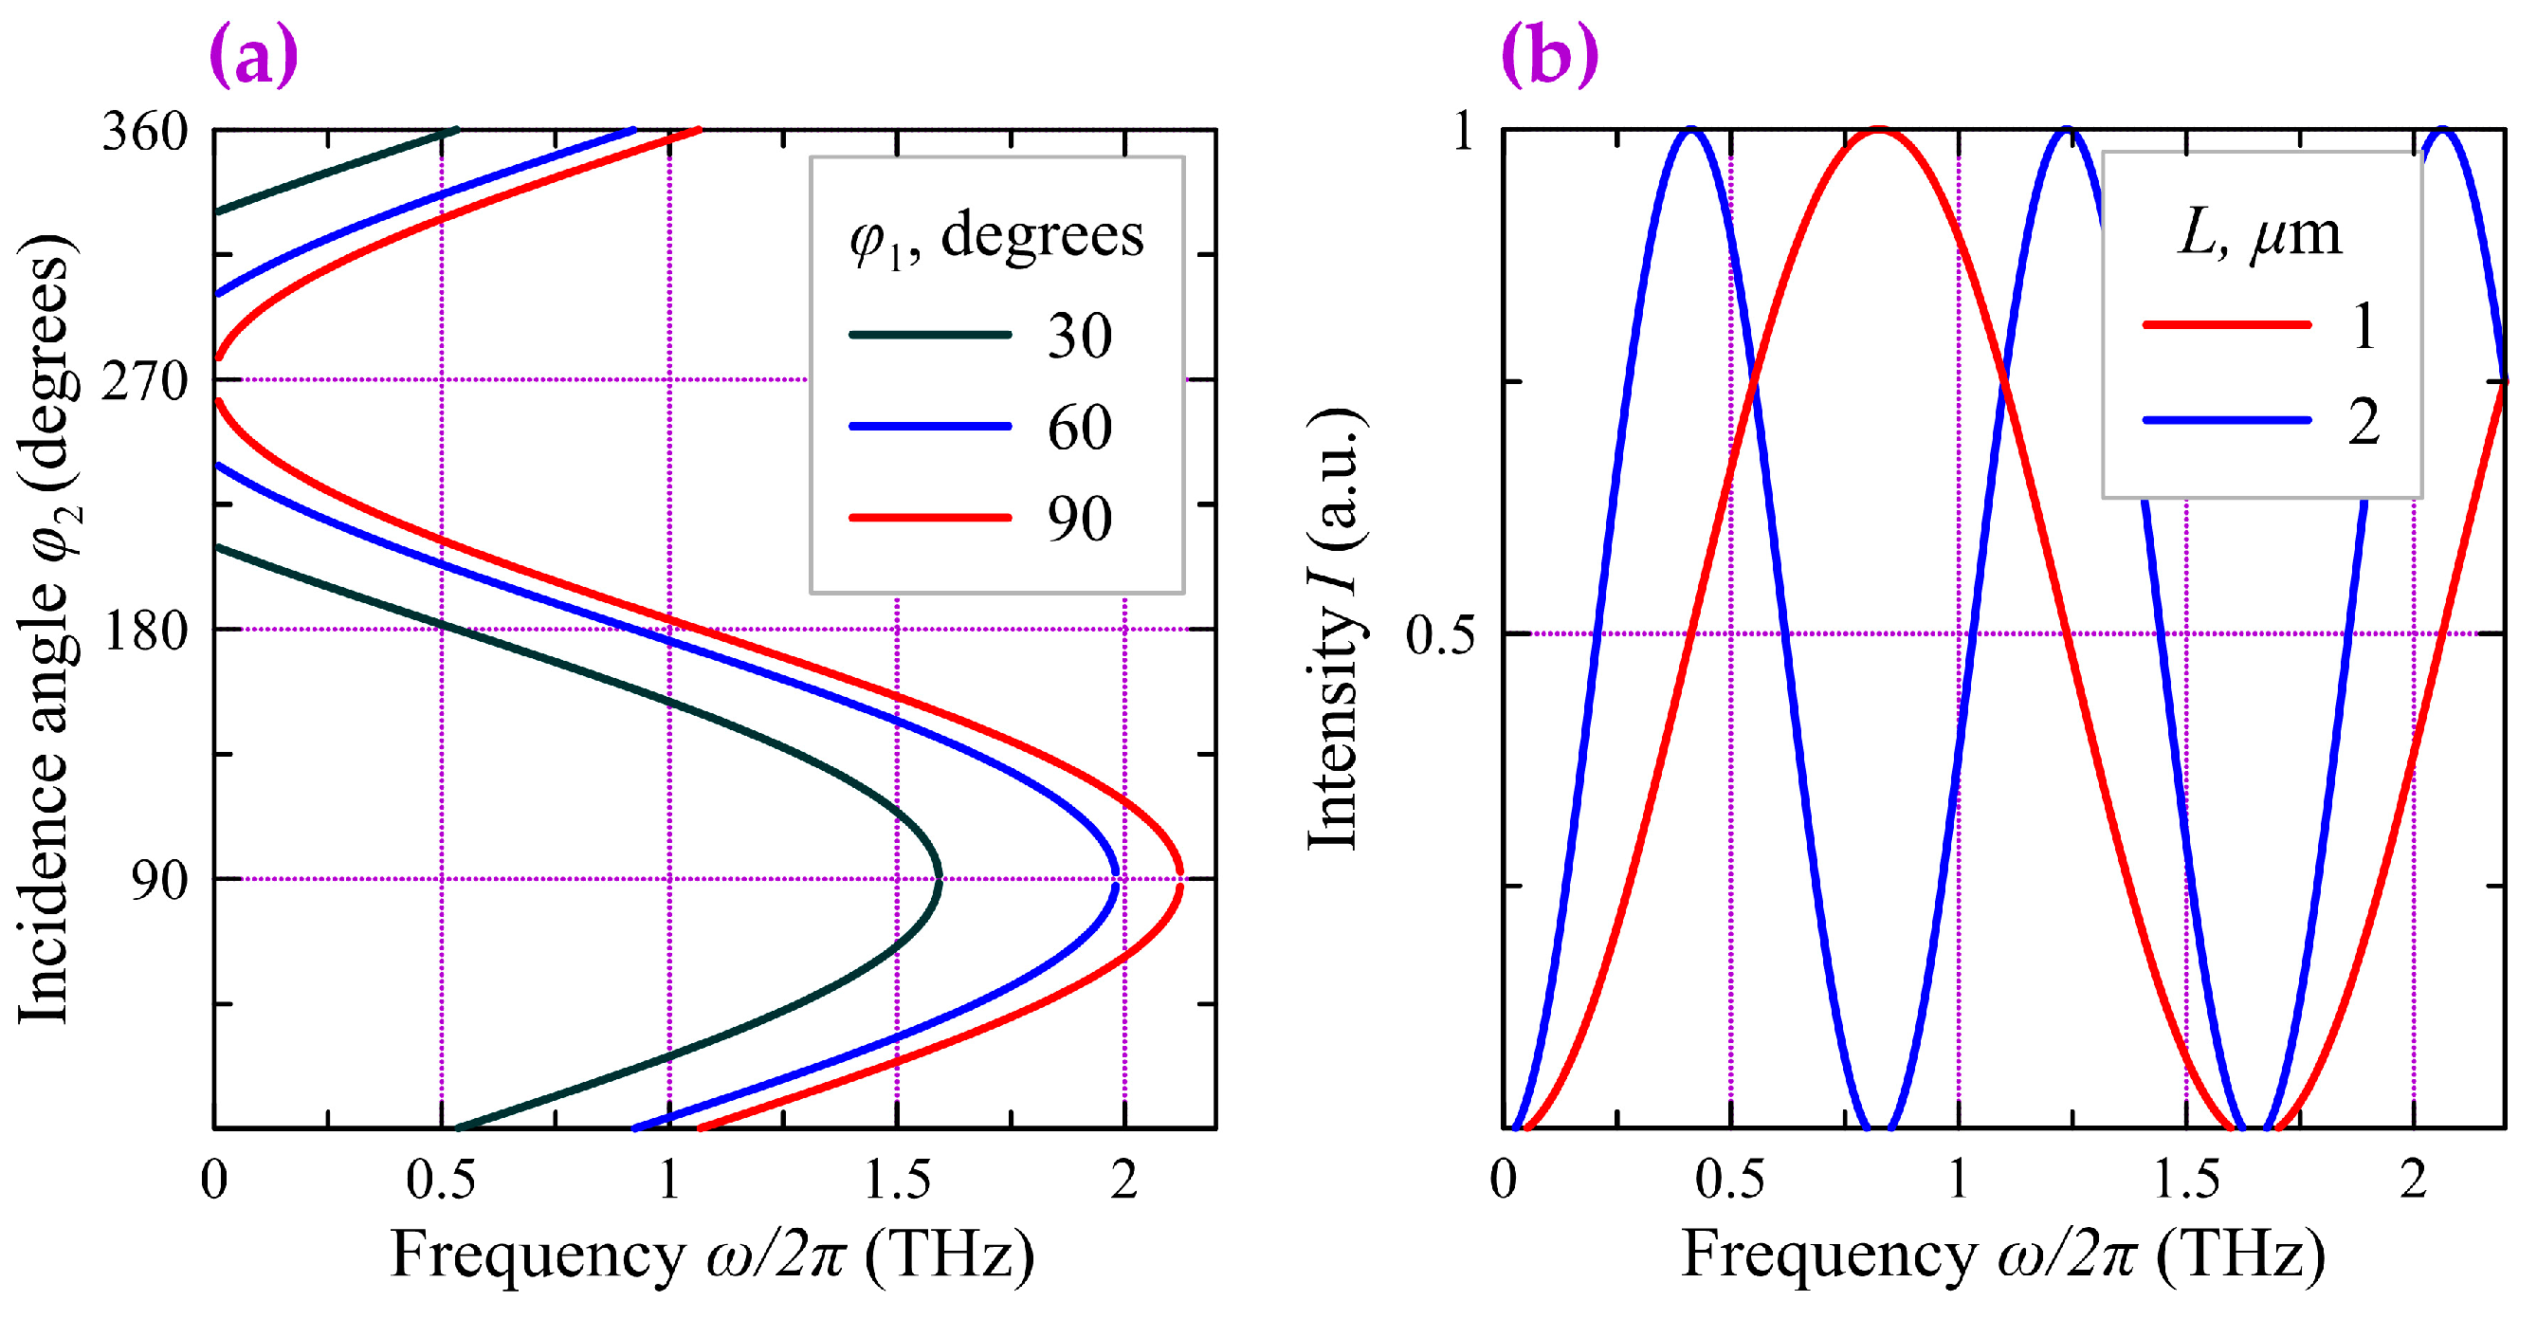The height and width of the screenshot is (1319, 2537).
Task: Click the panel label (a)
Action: tap(253, 57)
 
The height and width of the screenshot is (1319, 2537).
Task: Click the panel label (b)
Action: tap(1549, 57)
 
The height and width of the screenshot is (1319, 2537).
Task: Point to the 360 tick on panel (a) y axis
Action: tap(145, 131)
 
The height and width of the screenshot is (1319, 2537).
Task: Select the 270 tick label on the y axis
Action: tap(145, 381)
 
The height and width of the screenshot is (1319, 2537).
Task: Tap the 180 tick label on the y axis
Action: tap(145, 632)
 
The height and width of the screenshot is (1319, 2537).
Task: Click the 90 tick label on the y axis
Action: tap(158, 880)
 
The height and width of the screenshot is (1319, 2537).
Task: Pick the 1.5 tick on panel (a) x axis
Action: tap(897, 1179)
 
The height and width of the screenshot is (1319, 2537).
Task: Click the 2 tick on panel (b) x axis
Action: tap(2414, 1179)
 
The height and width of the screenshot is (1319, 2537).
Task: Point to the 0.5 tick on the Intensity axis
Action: tap(1440, 635)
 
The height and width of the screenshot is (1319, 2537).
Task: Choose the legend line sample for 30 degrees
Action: tap(930, 335)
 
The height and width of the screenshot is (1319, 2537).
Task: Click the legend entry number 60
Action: tap(1080, 428)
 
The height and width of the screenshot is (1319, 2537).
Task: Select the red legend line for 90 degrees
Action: tap(930, 518)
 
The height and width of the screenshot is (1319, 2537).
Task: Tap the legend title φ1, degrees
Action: tap(996, 237)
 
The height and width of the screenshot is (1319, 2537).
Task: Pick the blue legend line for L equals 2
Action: tap(2226, 421)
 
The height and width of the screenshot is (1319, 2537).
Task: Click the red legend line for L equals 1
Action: tap(2226, 324)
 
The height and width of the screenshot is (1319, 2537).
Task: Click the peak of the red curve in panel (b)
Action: tap(1879, 131)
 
